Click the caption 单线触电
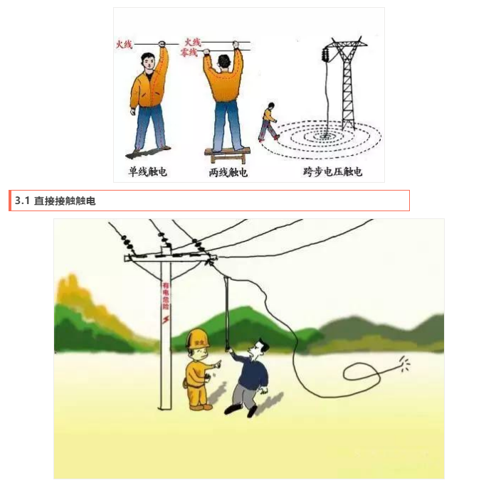click(x=147, y=171)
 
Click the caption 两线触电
click(x=228, y=171)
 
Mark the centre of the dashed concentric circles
click(x=329, y=134)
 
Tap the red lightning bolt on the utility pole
click(x=167, y=320)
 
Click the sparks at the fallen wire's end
click(x=403, y=365)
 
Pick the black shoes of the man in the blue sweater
click(x=241, y=410)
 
